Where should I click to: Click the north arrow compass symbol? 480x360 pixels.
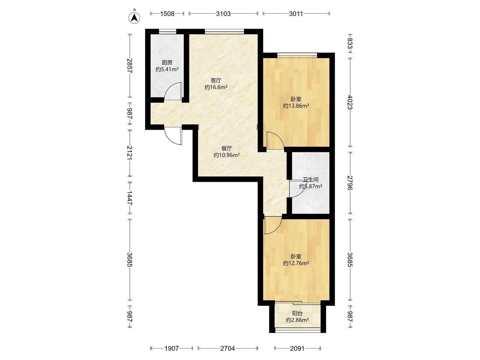click(134, 17)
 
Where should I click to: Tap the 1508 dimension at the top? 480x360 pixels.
click(167, 14)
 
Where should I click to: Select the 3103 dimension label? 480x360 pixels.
click(223, 14)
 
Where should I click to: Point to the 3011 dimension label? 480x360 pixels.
click(296, 14)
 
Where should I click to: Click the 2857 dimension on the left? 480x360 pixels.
click(130, 66)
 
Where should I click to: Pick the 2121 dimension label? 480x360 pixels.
click(130, 152)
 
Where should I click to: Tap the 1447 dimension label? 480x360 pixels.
click(130, 198)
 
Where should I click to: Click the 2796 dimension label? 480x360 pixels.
click(350, 183)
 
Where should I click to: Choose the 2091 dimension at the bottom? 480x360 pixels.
click(297, 348)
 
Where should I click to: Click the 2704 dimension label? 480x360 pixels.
click(227, 348)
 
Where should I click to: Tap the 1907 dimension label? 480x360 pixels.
click(172, 348)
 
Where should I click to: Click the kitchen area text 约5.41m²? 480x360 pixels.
click(167, 70)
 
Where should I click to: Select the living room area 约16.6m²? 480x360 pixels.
click(216, 87)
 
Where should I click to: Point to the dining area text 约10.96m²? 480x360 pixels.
click(227, 155)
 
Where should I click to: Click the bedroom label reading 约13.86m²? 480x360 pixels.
click(296, 106)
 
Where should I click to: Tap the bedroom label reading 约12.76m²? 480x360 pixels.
click(296, 263)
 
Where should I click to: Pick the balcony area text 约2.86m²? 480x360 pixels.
click(297, 320)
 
